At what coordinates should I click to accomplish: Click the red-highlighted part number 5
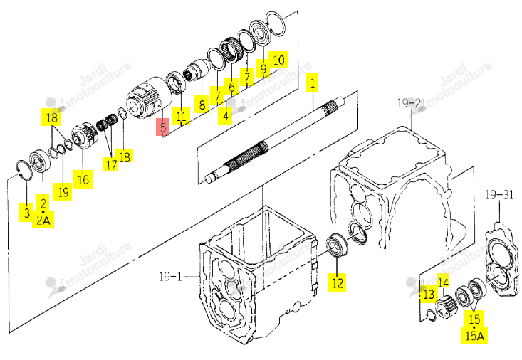coord(163,128)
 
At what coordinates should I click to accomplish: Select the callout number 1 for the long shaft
coord(312,83)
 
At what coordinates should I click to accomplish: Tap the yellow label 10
coord(278,60)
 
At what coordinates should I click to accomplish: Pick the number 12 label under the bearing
coord(337,282)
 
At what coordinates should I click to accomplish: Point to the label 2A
coord(43,221)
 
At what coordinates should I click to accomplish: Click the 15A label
coord(474,335)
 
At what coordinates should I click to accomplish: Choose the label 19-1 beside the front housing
coord(170,276)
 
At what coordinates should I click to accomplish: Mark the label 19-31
coord(499,195)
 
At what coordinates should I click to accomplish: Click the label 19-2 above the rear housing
coord(409,103)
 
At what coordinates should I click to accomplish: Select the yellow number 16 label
coord(83,180)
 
